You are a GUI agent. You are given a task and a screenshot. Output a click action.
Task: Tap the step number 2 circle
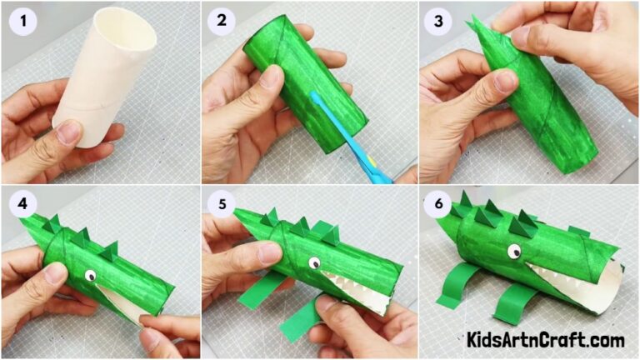coord(222,22)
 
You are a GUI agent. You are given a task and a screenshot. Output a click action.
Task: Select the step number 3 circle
coord(437,22)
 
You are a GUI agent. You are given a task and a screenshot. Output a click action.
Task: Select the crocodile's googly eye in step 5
coord(315,262)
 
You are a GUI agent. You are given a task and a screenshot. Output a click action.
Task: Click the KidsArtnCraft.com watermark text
coord(545,340)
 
